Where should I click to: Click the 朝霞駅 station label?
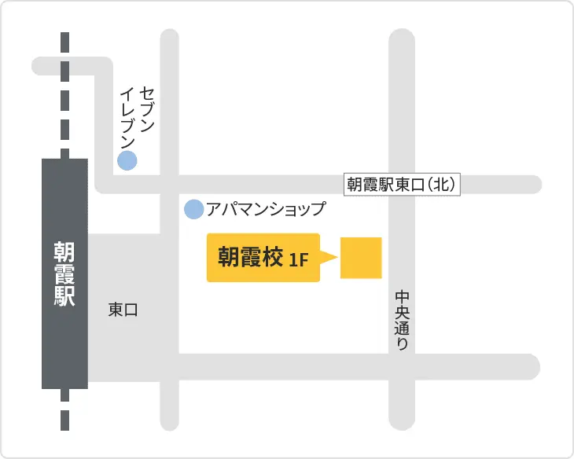(x=64, y=274)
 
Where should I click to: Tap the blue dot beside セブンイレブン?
(x=127, y=160)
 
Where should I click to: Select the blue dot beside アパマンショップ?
(x=193, y=209)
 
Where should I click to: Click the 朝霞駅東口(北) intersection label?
(x=401, y=184)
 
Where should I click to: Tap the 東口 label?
(x=123, y=310)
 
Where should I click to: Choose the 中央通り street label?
(x=402, y=320)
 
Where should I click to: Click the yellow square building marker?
(x=361, y=258)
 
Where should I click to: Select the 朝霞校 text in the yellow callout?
(x=250, y=258)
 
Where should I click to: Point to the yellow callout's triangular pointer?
(x=329, y=258)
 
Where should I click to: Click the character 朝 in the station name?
(x=64, y=251)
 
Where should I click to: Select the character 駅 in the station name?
(x=64, y=296)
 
